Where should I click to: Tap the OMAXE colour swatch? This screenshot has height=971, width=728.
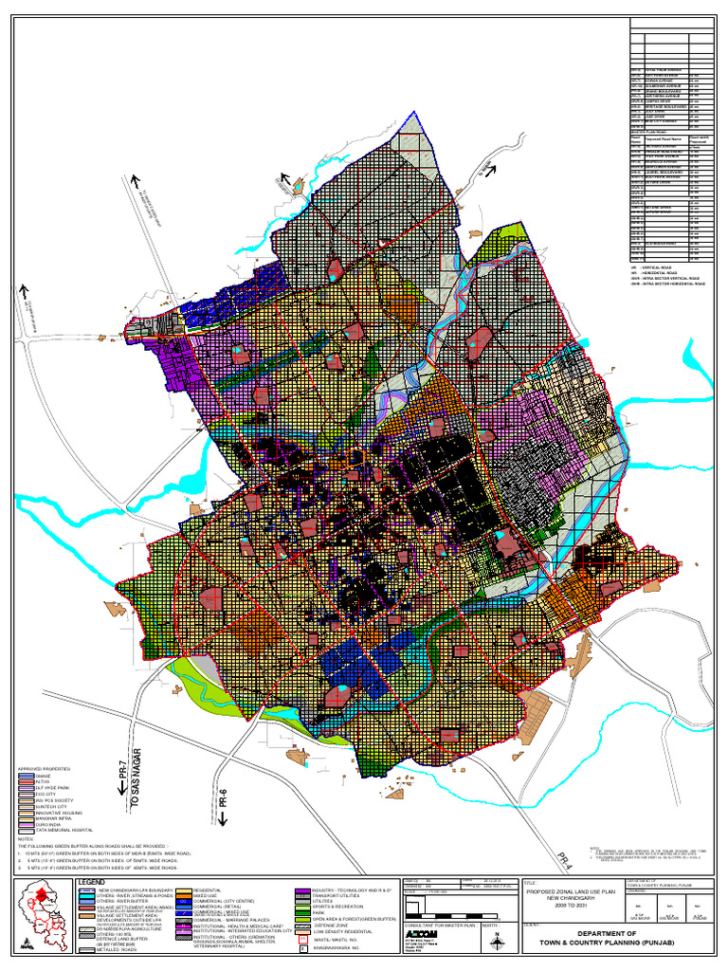26,776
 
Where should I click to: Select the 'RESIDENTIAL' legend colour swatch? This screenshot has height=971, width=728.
184,890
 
